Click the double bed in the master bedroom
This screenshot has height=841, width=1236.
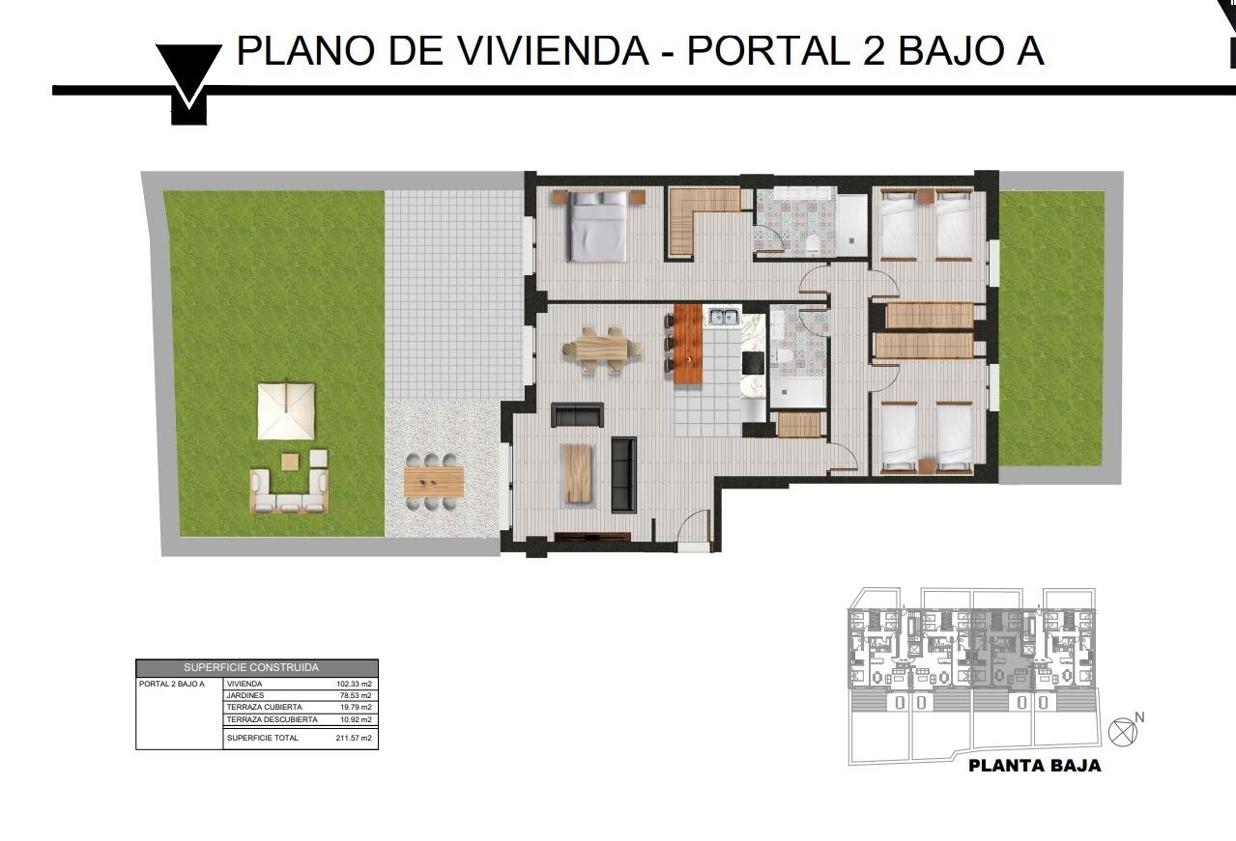point(597,227)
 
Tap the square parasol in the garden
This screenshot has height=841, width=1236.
point(285,410)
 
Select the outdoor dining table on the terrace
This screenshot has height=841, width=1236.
point(434,479)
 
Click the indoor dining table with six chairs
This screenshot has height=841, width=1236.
point(600,348)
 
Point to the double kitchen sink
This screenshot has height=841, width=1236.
point(723,316)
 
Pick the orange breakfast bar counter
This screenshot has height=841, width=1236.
point(687,344)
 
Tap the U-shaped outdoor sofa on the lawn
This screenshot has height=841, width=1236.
point(289,490)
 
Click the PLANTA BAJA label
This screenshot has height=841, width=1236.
point(1034,767)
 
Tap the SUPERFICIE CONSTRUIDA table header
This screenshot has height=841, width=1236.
point(256,667)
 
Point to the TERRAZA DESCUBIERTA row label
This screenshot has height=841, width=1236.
point(272,719)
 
